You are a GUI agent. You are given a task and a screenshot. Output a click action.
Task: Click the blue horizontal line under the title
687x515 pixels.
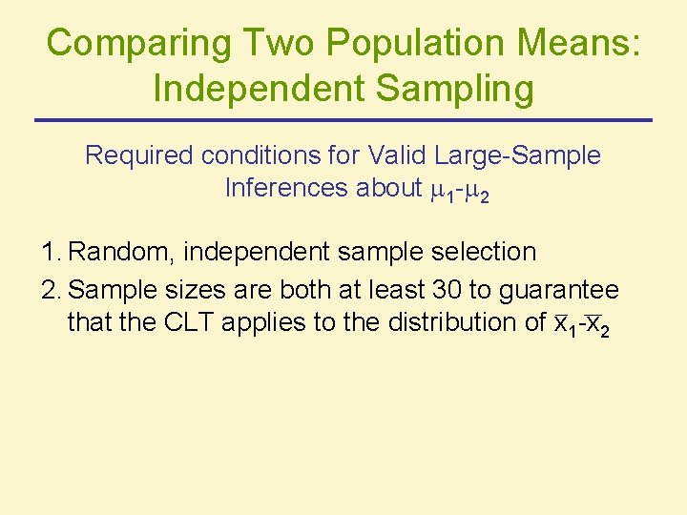(x=343, y=120)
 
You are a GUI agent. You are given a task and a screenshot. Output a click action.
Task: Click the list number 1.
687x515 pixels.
(x=52, y=253)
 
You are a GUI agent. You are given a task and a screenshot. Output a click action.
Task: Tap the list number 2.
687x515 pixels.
(x=52, y=289)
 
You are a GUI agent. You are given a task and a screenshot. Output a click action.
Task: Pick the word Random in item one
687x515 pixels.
(x=122, y=253)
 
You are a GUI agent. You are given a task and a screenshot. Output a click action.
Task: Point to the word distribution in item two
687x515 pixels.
(x=452, y=322)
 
